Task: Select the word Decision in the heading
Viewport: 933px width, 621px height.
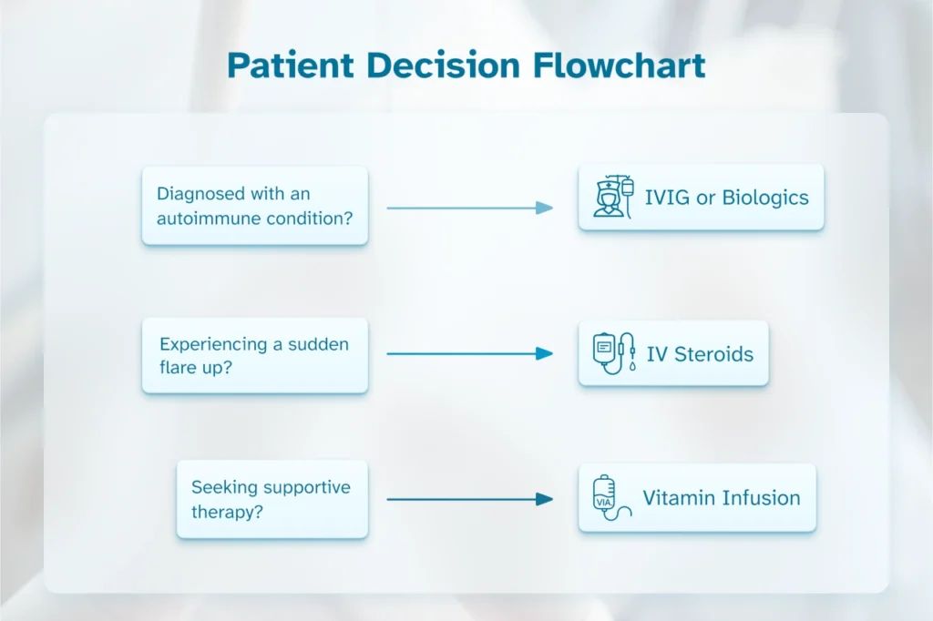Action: tap(424, 66)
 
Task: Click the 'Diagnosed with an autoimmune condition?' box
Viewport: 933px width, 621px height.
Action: tap(254, 206)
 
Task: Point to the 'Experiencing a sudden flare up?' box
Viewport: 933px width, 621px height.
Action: tap(254, 355)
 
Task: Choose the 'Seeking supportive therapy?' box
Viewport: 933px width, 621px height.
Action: tap(272, 499)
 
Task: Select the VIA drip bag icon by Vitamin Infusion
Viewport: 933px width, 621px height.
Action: tap(609, 498)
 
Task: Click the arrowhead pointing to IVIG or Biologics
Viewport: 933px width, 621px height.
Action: tap(545, 208)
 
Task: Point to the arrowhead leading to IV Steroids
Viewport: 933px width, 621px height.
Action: tap(545, 353)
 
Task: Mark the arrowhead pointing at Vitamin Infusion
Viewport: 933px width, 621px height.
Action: tap(545, 499)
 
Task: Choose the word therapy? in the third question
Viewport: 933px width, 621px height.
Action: tap(228, 512)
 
